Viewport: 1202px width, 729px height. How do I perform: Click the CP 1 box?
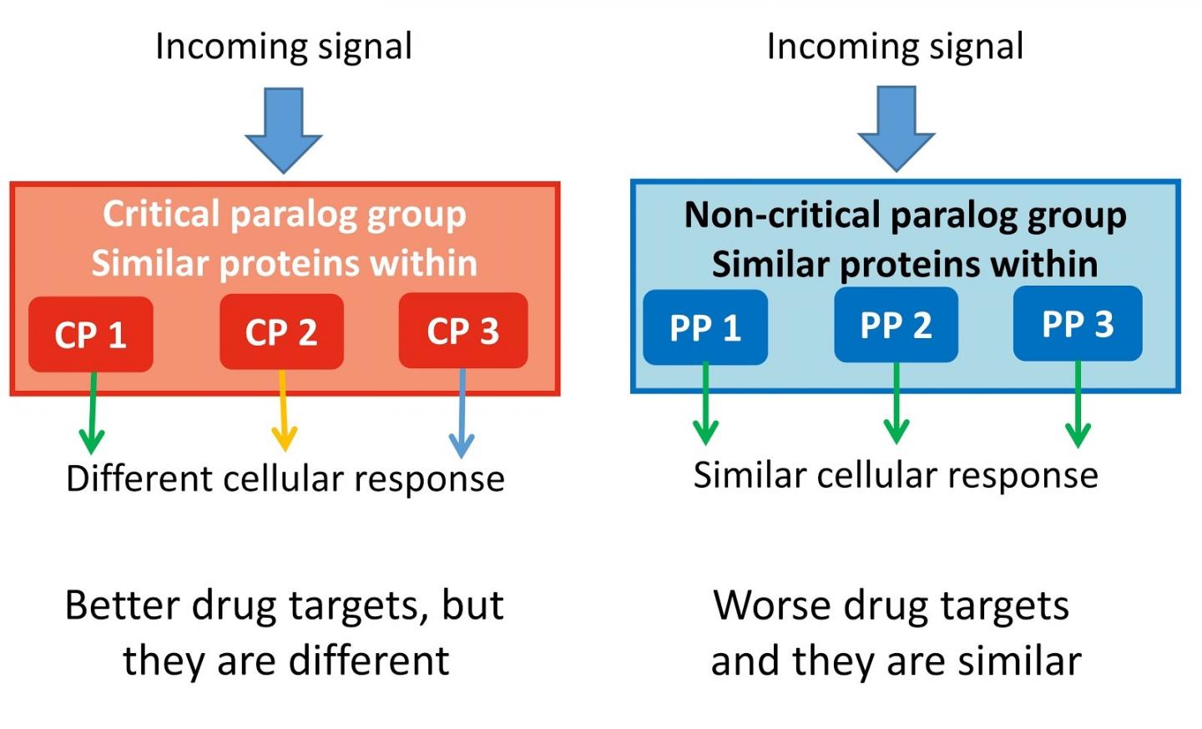[x=90, y=334]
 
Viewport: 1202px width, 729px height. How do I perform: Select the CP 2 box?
[x=281, y=332]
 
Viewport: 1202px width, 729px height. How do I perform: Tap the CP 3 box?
[x=463, y=331]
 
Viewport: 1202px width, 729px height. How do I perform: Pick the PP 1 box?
[x=705, y=327]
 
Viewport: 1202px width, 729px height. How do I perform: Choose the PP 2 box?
[x=896, y=325]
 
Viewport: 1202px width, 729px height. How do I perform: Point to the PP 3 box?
[x=1078, y=323]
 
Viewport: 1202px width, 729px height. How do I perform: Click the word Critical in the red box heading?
[x=161, y=214]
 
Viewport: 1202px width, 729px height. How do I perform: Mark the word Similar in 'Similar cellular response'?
[x=745, y=475]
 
